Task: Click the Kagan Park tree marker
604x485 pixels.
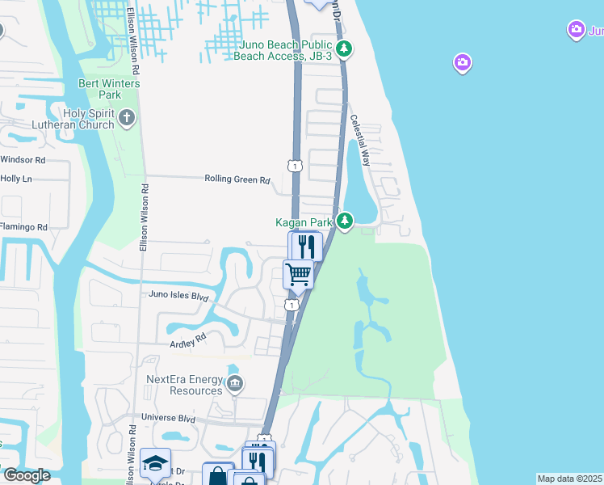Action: pos(345,221)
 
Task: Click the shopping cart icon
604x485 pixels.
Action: pos(299,274)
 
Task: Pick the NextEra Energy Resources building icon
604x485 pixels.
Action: pos(235,384)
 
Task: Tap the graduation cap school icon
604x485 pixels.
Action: pos(155,463)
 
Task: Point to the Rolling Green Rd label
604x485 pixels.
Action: pos(237,180)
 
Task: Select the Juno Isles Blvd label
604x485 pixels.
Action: pos(179,296)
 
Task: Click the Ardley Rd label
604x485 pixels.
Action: pos(188,344)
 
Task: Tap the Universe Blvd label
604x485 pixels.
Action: pos(169,419)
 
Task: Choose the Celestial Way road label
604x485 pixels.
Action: pos(360,141)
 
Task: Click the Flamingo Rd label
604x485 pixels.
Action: pos(23,227)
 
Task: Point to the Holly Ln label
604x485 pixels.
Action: pos(16,179)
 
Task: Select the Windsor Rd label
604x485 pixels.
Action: pos(23,160)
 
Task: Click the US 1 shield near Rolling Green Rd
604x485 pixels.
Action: pos(295,166)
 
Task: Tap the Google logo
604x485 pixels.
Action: pos(26,475)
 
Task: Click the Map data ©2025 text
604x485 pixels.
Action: pos(569,479)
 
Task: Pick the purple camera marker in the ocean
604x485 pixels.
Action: pos(462,62)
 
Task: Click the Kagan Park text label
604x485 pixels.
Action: pos(304,221)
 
